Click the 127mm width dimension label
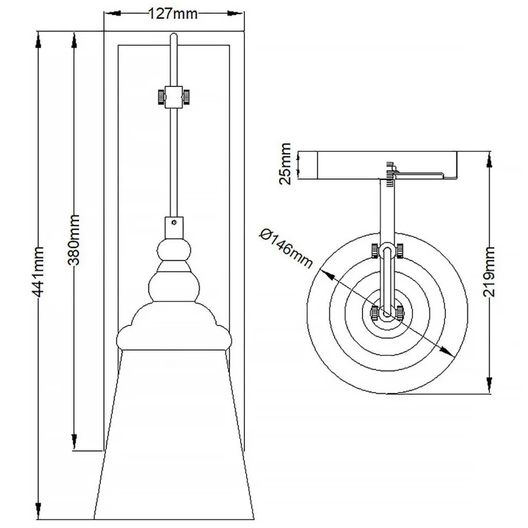[x=173, y=14]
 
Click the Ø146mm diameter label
[x=287, y=248]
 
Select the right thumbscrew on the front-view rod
[x=187, y=97]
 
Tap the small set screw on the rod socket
[x=174, y=222]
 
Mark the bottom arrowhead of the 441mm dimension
[x=39, y=517]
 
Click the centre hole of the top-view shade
[x=386, y=314]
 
